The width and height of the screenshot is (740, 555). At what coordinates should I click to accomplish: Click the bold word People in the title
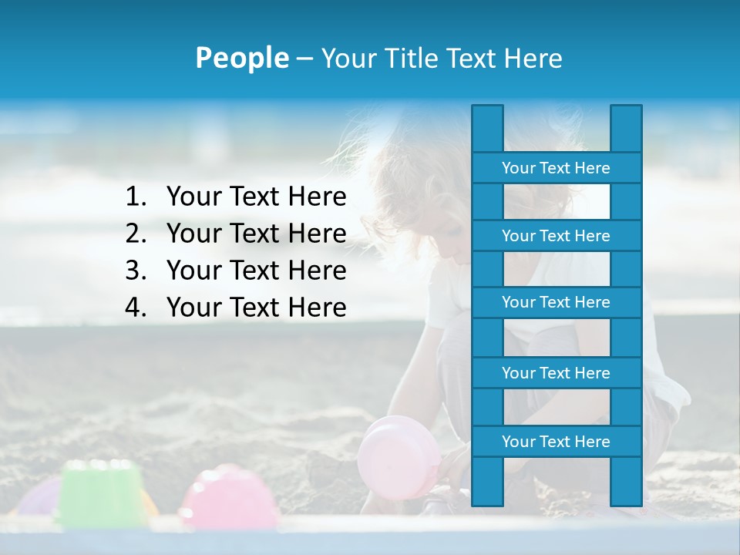tap(241, 59)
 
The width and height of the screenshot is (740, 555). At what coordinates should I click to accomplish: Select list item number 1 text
tap(256, 197)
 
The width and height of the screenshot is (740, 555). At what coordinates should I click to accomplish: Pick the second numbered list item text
tap(256, 234)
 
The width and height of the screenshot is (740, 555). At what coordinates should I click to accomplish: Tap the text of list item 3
tap(256, 271)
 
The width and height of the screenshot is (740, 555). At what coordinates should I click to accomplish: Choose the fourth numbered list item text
tap(256, 308)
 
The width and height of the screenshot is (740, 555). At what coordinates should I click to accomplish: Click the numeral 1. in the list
tap(136, 197)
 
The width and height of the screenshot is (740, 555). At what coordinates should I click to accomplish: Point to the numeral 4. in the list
tap(136, 308)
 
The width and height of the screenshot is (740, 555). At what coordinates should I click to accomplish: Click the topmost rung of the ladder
tap(556, 168)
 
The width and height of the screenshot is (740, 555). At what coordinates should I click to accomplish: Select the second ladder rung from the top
tap(556, 236)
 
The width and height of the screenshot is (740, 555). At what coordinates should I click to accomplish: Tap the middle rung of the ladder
tap(556, 302)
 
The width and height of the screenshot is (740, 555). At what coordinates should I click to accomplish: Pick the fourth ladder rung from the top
tap(556, 373)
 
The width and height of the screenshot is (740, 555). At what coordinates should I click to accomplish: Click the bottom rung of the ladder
tap(556, 442)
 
